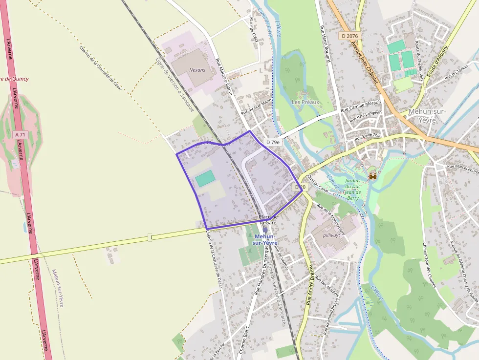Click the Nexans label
[197, 70]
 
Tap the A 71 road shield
[20, 134]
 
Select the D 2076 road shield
[350, 36]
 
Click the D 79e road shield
[274, 142]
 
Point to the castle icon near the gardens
[373, 176]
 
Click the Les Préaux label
[305, 102]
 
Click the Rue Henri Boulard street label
[326, 43]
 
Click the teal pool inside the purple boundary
[205, 178]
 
